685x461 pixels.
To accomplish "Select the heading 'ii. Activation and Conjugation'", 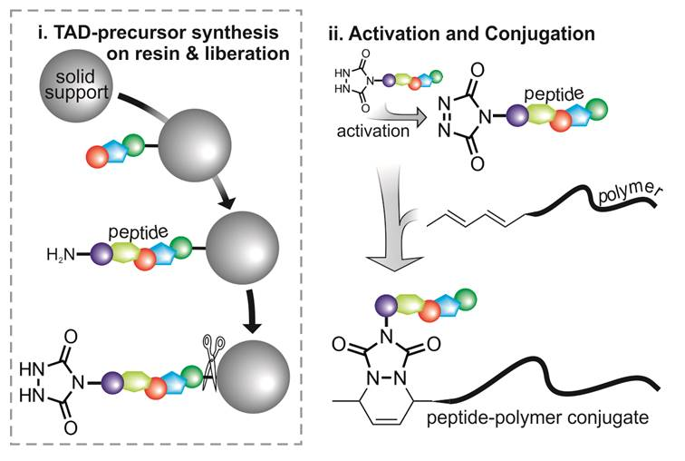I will click(461, 35).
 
